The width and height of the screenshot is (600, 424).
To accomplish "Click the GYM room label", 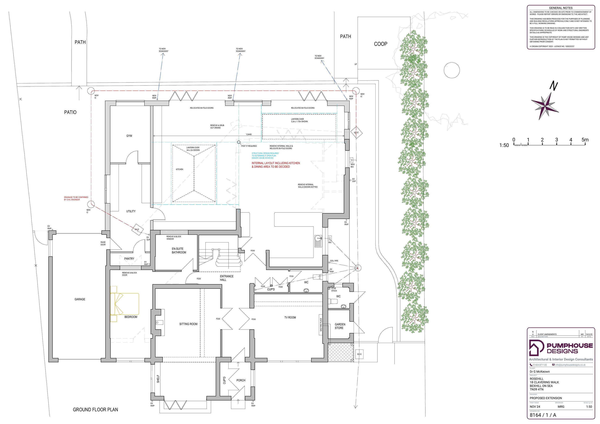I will [129, 136].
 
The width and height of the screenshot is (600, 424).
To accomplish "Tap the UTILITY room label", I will [131, 211].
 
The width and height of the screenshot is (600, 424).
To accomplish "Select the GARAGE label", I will [80, 299].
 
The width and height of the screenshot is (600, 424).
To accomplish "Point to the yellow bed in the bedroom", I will [125, 304].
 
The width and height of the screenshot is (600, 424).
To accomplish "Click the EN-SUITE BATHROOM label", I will [179, 251].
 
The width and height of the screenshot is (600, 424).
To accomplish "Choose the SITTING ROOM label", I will [188, 324].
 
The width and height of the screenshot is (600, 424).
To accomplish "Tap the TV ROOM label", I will [290, 318].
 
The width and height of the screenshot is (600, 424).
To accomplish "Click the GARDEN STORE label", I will [340, 326].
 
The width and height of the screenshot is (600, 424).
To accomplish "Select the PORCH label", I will [241, 380].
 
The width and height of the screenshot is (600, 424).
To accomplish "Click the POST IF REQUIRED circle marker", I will [239, 142].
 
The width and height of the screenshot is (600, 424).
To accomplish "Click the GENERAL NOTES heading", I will [561, 8].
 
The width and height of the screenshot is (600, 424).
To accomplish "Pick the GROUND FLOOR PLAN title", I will [95, 410].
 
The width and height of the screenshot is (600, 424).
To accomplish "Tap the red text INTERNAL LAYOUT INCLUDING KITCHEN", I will [276, 163].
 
